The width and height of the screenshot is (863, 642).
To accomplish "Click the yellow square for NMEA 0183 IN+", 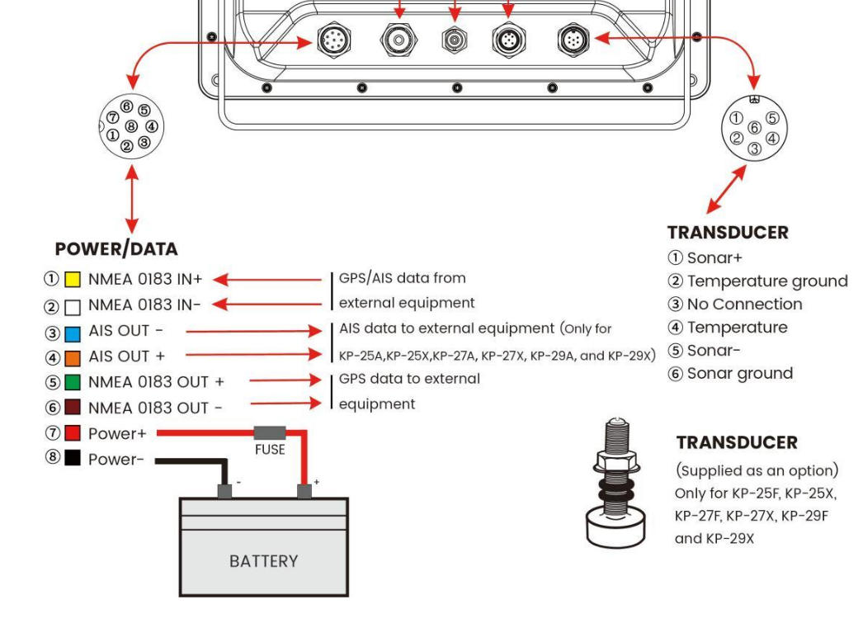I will coord(72,280).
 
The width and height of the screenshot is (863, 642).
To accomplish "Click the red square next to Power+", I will coord(72,433).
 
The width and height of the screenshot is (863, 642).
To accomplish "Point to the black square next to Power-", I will coord(72,459).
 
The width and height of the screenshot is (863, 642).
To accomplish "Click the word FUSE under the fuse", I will coord(270,450).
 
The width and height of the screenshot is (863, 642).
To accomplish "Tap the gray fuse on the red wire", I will coord(270,432).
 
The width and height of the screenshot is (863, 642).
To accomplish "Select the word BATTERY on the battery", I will coord(263,561).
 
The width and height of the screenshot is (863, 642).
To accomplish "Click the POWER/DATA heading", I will coord(116,248).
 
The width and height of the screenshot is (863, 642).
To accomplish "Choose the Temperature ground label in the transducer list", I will coord(767,281).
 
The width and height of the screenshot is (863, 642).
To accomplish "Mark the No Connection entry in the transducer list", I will coord(744,304).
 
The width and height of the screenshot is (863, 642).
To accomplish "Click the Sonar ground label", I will coord(739,374).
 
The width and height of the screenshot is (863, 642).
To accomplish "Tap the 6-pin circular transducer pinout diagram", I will coord(753,129).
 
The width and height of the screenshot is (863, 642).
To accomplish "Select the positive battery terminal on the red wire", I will coord(304,491).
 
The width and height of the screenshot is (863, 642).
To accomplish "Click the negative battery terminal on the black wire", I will coord(224,491).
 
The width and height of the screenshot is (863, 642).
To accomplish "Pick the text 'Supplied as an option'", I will coord(757,470).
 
